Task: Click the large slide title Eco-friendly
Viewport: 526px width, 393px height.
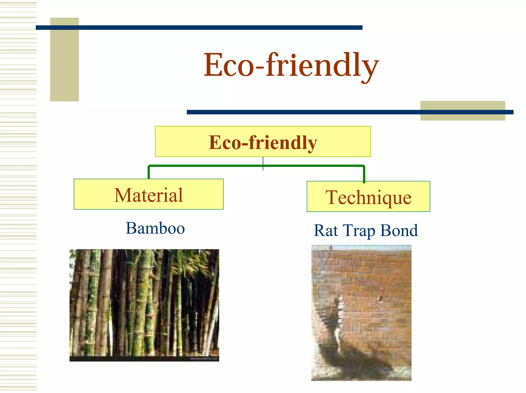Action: (291, 65)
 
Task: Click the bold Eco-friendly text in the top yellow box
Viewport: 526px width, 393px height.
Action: (263, 142)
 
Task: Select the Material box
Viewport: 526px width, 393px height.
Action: (148, 194)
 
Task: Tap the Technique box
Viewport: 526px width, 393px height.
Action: (368, 197)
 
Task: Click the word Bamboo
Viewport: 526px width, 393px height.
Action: (155, 228)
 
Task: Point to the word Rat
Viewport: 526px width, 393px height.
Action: (326, 231)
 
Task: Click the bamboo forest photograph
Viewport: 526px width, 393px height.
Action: (144, 305)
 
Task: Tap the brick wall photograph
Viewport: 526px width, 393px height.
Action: (361, 312)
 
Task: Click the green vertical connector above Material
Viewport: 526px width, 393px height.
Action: (149, 172)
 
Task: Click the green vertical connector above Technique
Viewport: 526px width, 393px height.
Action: (364, 174)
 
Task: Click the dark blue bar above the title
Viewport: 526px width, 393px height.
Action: (199, 27)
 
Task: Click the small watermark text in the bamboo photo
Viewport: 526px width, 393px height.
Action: (204, 359)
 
